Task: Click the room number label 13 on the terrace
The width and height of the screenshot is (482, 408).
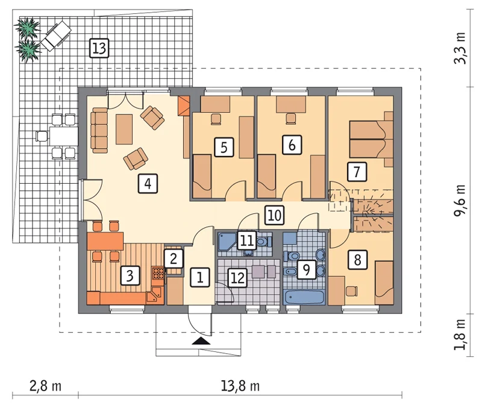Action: (99, 48)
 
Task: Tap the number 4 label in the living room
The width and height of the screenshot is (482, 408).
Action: (148, 184)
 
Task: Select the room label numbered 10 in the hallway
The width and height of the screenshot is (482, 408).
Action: (274, 215)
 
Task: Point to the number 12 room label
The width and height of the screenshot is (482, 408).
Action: (237, 278)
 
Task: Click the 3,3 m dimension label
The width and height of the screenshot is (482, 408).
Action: (460, 48)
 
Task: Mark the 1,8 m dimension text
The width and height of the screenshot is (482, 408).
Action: (460, 334)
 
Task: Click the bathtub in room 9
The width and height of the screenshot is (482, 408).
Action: (304, 297)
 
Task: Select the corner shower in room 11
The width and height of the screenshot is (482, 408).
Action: (228, 242)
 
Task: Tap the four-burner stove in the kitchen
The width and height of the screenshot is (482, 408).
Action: (158, 273)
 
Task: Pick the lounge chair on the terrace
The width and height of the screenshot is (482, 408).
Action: (56, 36)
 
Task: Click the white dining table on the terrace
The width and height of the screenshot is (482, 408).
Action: (63, 136)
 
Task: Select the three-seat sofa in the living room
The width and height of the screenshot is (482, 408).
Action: (99, 130)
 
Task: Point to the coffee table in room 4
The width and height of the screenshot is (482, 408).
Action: (124, 129)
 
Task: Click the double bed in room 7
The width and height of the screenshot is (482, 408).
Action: (371, 140)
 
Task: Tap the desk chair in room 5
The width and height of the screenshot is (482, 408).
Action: (216, 119)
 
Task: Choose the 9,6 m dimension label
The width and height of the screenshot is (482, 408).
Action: (460, 201)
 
